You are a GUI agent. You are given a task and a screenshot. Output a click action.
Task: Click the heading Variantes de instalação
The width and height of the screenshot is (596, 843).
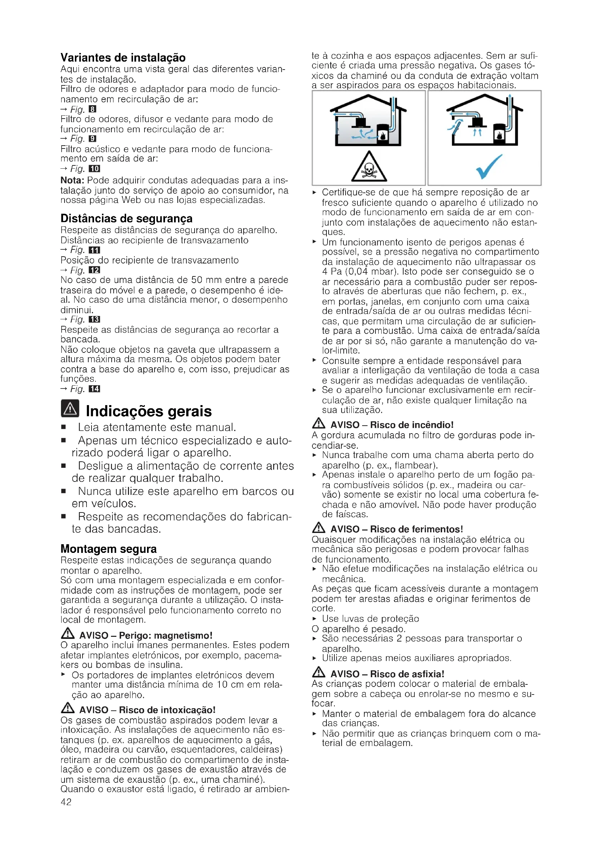(x=123, y=58)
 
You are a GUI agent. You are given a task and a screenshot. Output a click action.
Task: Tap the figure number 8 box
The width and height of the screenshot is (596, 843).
(x=93, y=109)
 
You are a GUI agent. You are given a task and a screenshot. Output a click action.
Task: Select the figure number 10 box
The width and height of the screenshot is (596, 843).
(x=94, y=169)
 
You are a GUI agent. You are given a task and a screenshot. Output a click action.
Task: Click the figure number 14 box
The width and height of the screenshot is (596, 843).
(x=94, y=389)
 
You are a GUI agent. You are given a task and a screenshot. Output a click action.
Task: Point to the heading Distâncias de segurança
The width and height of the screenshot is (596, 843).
(x=126, y=218)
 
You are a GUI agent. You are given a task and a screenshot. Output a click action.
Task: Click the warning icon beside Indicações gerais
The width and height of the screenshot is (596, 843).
(x=70, y=409)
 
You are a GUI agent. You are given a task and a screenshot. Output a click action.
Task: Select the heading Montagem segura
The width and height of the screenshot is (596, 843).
(x=108, y=549)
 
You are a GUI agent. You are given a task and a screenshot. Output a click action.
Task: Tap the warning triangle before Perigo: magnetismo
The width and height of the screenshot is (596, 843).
(x=67, y=633)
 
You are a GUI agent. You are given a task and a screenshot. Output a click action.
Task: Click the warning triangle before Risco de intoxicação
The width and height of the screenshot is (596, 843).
(x=67, y=707)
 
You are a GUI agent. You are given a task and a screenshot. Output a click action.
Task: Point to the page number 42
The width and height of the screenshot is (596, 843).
(x=66, y=802)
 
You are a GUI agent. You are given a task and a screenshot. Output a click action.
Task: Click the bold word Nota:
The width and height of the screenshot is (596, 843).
(x=72, y=180)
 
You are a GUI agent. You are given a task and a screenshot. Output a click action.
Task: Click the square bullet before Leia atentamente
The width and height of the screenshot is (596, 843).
(x=63, y=427)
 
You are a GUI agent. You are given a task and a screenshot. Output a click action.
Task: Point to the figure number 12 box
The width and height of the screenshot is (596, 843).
(x=94, y=270)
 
